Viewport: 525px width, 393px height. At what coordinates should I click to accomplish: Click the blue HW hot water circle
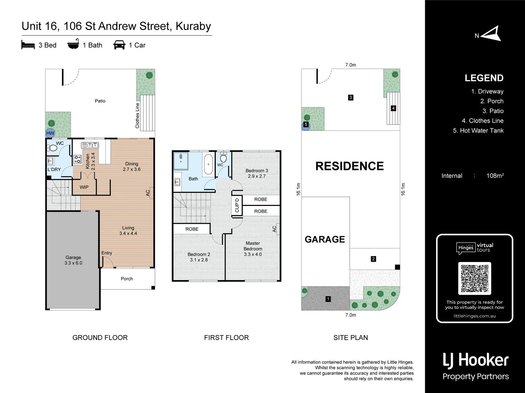[50, 133]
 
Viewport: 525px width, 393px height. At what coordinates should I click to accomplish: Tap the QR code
[474, 278]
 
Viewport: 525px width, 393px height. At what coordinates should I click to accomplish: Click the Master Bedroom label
[253, 246]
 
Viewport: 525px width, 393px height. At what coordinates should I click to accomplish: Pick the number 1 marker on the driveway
[328, 299]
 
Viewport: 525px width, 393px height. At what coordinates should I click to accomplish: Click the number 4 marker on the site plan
[393, 108]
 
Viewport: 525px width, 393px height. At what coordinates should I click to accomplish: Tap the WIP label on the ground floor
[84, 187]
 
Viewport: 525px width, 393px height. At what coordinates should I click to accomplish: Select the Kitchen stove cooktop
[77, 159]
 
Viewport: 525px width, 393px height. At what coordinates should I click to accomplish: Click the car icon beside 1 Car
[119, 45]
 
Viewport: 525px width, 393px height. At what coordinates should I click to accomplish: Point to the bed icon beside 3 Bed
[28, 45]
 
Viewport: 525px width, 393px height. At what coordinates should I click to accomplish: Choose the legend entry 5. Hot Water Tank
[478, 131]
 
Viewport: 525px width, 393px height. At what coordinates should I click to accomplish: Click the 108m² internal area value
[495, 176]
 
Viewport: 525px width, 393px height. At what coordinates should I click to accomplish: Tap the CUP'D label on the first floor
[237, 205]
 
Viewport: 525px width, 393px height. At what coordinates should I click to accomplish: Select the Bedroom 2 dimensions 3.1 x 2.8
[199, 260]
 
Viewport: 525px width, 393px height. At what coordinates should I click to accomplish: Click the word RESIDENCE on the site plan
[349, 166]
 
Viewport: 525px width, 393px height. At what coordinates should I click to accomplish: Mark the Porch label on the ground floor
[127, 279]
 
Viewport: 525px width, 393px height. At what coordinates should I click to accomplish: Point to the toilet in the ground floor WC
[53, 148]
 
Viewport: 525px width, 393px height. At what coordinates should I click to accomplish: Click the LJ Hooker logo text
[475, 360]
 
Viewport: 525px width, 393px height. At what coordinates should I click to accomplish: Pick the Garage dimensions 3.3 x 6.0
[73, 263]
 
